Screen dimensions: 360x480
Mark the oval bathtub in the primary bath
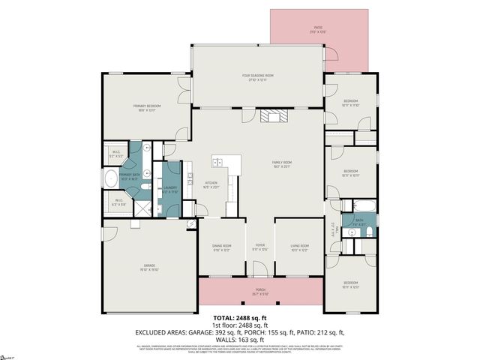coord(110,178)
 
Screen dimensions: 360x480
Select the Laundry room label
coord(170,190)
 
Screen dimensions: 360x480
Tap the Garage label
coord(149,268)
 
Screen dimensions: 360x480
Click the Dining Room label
coord(221,247)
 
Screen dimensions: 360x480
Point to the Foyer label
coord(259,247)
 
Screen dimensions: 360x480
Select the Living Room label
coord(300,247)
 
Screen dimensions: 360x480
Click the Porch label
coord(260,293)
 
